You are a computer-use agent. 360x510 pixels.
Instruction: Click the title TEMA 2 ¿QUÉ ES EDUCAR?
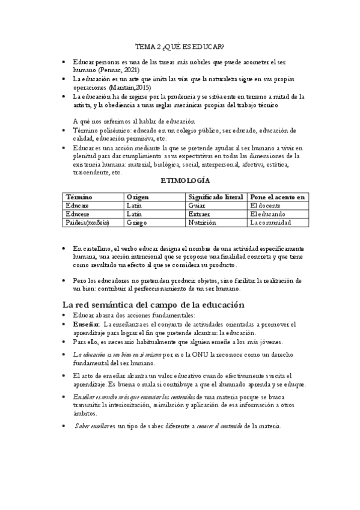[x=180, y=46]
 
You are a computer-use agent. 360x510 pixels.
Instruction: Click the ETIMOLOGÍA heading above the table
[x=186, y=180]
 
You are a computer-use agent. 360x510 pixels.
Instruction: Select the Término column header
[x=79, y=197]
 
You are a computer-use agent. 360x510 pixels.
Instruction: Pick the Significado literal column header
[x=215, y=197]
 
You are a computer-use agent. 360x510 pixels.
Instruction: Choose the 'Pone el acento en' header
[x=278, y=197]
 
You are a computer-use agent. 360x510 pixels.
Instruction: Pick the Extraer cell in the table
[x=200, y=214]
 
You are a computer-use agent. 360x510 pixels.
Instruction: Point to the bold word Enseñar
[x=85, y=324]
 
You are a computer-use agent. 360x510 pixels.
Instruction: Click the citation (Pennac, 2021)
[x=118, y=70]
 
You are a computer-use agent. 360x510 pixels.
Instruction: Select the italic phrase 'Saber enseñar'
[x=91, y=426]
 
